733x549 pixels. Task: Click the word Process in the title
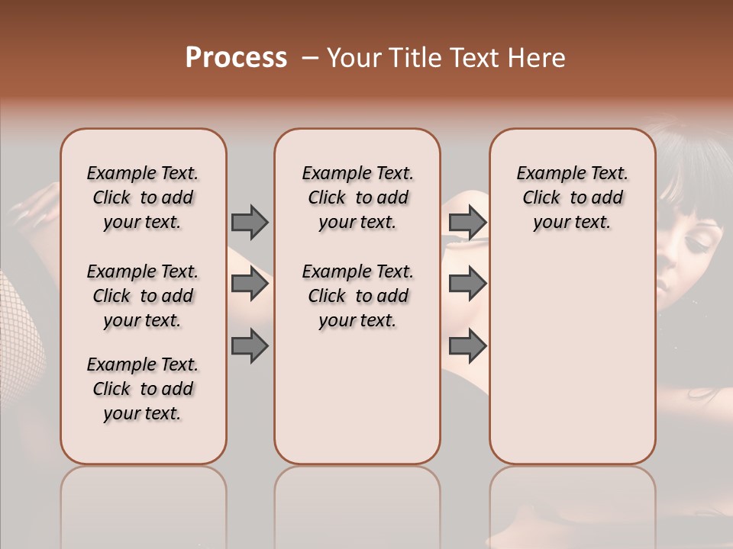[236, 58]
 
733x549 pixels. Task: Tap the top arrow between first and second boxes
[250, 222]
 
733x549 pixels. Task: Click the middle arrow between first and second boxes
[250, 284]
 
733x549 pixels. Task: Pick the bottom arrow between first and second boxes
[250, 346]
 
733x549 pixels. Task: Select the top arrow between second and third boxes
[467, 222]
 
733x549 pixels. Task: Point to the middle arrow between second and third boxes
[467, 284]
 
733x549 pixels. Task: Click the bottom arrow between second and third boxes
[467, 346]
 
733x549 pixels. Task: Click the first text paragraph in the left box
[143, 197]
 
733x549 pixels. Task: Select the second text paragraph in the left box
[143, 296]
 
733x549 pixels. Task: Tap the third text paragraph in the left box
[143, 389]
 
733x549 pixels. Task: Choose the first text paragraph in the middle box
[357, 197]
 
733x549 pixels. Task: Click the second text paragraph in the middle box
[357, 296]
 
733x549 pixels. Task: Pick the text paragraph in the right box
[572, 197]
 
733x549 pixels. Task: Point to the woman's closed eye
[696, 242]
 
